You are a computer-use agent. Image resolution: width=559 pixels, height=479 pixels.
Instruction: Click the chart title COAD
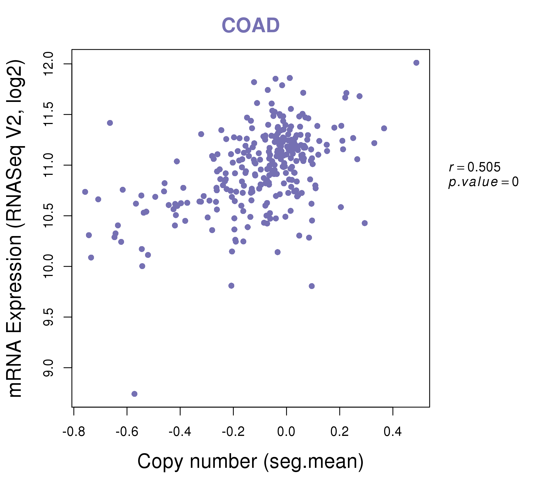(250, 26)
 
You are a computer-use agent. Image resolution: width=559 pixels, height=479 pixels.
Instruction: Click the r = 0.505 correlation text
(475, 167)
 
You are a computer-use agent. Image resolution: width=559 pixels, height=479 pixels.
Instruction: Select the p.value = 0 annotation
(483, 182)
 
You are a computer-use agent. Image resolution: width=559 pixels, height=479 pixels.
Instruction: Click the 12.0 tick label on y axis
(48, 64)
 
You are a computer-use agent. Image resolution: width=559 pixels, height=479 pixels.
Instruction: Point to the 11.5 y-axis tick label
(48, 115)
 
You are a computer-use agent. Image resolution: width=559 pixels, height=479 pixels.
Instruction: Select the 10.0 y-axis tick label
(48, 266)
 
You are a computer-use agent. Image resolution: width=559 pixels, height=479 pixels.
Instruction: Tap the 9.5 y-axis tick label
(48, 317)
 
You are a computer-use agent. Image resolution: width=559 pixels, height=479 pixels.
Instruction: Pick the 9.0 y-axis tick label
(48, 367)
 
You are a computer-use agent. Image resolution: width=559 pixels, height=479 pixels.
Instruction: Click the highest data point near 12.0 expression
(416, 63)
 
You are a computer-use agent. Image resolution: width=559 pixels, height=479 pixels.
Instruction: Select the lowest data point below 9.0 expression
(134, 394)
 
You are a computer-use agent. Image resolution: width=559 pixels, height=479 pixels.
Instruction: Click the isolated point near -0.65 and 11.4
(110, 123)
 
